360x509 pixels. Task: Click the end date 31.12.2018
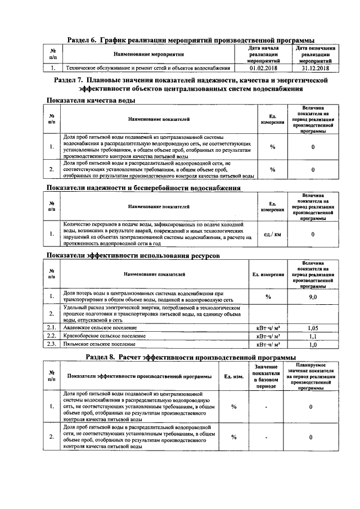[x=313, y=68]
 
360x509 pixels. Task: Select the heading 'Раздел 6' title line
[x=190, y=39]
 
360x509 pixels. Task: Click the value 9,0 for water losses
[x=313, y=296]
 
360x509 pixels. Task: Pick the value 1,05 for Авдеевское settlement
[x=313, y=327]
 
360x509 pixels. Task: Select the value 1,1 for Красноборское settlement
[x=313, y=335]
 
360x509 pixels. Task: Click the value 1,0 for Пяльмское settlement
[x=313, y=344]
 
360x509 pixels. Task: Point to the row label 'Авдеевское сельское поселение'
[x=100, y=327]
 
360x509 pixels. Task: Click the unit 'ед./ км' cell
[x=272, y=233]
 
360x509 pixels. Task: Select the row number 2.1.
[x=52, y=327]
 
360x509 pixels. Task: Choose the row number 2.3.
[x=52, y=344]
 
